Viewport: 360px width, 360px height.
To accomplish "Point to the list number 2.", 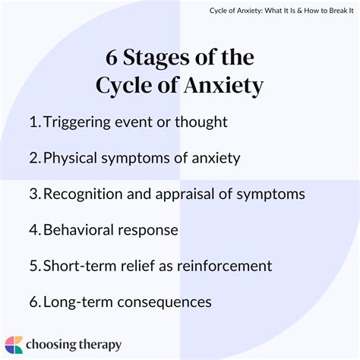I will pyautogui.click(x=35, y=158).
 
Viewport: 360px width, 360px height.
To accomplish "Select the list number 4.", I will pyautogui.click(x=35, y=229).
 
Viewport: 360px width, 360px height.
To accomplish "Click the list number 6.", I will pyautogui.click(x=35, y=301).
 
